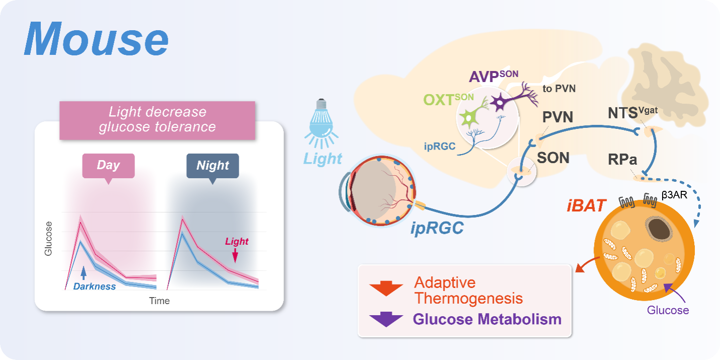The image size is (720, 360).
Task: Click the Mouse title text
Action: (96, 40)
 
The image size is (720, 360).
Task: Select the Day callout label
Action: (108, 165)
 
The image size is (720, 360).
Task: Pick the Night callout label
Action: (212, 165)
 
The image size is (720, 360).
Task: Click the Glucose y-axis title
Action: (49, 238)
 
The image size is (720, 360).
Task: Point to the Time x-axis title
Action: (159, 301)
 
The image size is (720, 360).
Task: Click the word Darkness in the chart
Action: (95, 286)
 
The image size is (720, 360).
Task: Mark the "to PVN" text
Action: (559, 89)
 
